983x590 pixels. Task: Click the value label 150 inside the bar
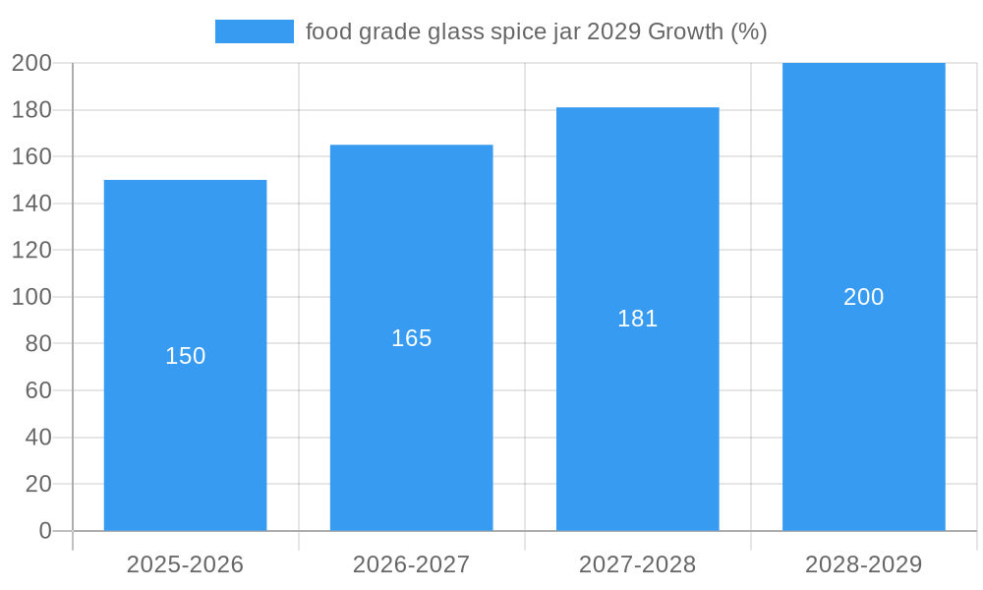[x=185, y=356]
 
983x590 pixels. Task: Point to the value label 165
[x=411, y=338]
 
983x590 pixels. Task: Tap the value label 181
[x=637, y=319]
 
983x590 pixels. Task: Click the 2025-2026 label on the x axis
[x=185, y=564]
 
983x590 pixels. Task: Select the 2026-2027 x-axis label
[x=411, y=564]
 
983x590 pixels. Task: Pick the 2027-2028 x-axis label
[x=637, y=564]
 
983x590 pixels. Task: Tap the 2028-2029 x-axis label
[x=863, y=564]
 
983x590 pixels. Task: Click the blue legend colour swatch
[x=254, y=31]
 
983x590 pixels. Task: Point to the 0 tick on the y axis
[x=45, y=531]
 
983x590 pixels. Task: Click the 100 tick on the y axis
[x=31, y=297]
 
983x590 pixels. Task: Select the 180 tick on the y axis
[x=31, y=110]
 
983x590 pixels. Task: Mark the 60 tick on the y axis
[x=38, y=390]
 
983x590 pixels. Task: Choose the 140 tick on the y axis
[x=31, y=204]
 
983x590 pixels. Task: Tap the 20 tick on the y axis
[x=38, y=484]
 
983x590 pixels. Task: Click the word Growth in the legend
[x=685, y=31]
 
